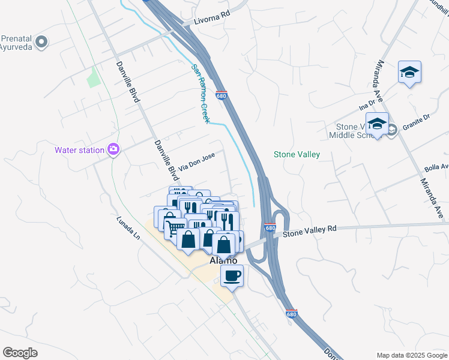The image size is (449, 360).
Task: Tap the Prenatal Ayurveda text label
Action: click(x=16, y=41)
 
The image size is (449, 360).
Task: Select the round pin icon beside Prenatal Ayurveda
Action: click(x=41, y=42)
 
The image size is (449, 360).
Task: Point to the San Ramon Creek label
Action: click(x=199, y=94)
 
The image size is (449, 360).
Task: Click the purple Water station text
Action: click(x=79, y=150)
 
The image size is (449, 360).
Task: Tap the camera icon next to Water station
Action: click(x=113, y=149)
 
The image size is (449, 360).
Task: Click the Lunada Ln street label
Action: click(x=128, y=228)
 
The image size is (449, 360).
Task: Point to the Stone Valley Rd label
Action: click(x=310, y=229)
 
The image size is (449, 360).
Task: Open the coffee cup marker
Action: click(x=232, y=276)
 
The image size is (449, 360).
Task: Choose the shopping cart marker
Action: click(x=174, y=228)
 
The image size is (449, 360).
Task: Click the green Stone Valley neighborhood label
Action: click(x=297, y=154)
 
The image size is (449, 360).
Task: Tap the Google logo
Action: click(x=20, y=353)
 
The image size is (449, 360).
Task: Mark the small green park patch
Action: click(x=93, y=78)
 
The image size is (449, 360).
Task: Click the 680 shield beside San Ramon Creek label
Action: click(x=221, y=95)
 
